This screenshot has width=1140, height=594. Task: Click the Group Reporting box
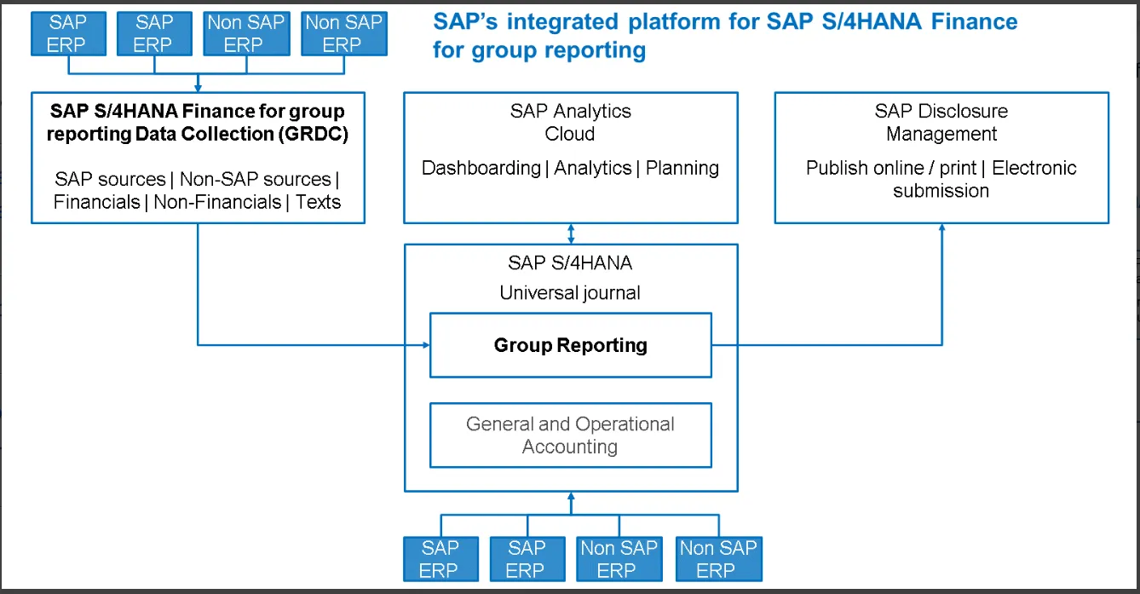tap(570, 345)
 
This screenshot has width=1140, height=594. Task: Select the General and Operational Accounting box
tap(570, 435)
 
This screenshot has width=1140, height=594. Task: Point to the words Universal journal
tap(570, 293)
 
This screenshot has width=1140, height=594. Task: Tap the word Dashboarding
tap(481, 168)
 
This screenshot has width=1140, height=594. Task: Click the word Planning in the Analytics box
tap(682, 168)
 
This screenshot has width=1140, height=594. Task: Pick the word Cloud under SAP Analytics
tap(570, 134)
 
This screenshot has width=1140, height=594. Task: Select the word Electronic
tap(1034, 168)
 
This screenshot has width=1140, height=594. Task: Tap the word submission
tap(941, 191)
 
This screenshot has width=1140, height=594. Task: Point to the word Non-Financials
tap(217, 202)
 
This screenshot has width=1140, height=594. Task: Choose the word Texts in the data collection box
tap(319, 202)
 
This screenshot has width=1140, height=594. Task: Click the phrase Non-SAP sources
tap(256, 179)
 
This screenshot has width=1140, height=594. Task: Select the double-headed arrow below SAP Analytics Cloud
tap(571, 233)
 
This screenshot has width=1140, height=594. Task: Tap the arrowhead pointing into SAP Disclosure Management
tap(942, 228)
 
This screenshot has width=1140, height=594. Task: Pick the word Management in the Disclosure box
tap(941, 134)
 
